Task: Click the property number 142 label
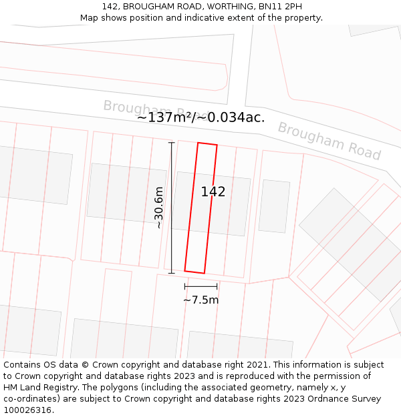(x=213, y=192)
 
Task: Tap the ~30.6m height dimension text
(x=158, y=207)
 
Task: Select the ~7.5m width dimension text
(x=200, y=300)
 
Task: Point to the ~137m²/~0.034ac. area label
(x=200, y=117)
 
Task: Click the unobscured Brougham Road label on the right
(x=329, y=141)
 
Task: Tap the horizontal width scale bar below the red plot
(x=200, y=286)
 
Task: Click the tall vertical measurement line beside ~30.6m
(x=171, y=207)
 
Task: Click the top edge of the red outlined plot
(x=207, y=143)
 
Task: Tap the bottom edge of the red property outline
(x=194, y=272)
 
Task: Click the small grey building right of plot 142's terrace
(x=274, y=206)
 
